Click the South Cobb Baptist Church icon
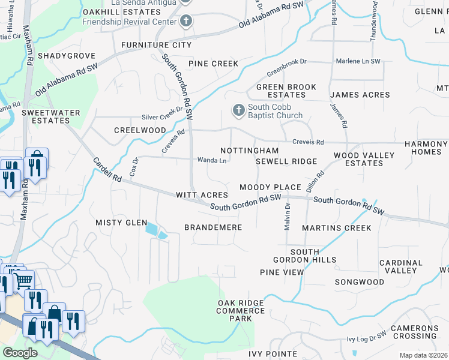coord(238,110)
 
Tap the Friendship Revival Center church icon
coord(186,22)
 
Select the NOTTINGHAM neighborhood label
coord(249,151)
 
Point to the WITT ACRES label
coord(202,195)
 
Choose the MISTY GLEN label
coord(121,223)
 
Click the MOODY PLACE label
coord(269,188)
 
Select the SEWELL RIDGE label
coord(286,162)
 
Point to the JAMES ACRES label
coord(360,95)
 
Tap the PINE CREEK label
coord(213,64)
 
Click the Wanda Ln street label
coord(212,160)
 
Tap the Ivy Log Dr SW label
coord(367,337)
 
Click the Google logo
coord(20,353)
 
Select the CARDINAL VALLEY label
coord(401,266)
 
